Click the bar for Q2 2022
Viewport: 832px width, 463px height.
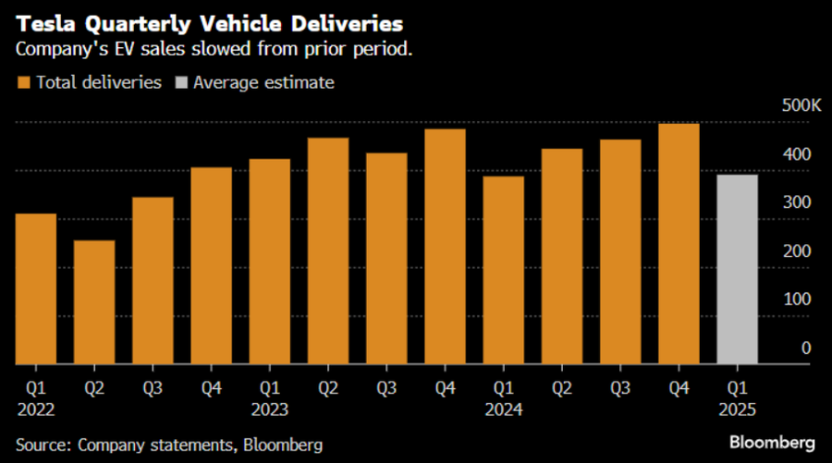point(94,302)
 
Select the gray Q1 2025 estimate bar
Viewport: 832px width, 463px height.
point(738,269)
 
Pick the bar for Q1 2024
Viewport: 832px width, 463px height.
point(503,270)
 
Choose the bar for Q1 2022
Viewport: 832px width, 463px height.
point(36,288)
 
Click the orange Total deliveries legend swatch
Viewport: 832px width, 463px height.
point(23,82)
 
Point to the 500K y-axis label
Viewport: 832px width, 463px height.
point(800,105)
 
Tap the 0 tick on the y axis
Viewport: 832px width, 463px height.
point(807,347)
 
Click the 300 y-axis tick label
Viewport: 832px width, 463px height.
point(800,202)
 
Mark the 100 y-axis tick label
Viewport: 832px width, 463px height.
point(800,299)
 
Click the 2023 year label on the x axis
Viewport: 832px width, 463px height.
point(269,409)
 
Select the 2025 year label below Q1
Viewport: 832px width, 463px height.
point(738,409)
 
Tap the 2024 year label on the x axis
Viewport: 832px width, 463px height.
point(503,409)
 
